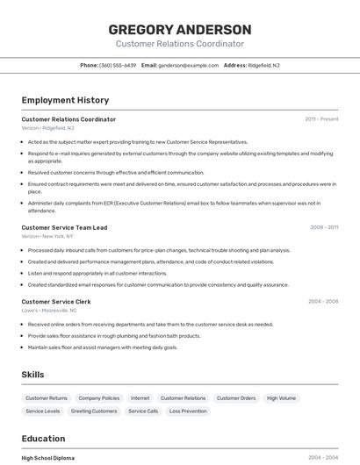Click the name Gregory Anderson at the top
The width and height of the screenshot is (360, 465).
tap(179, 29)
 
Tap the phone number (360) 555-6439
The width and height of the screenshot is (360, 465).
tap(117, 65)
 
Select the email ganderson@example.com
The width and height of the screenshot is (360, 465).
tap(187, 65)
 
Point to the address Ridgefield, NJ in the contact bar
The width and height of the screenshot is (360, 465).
tap(263, 65)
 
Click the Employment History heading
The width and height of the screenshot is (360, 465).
tap(65, 100)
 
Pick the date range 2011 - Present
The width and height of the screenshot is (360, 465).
tap(321, 119)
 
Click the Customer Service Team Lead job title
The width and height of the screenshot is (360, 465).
tap(64, 227)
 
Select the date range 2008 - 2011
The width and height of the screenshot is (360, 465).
tap(324, 227)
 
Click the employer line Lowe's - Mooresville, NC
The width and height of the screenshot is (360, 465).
tap(49, 311)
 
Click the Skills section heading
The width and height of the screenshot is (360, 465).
tap(32, 375)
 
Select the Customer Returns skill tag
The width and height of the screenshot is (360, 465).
tap(47, 398)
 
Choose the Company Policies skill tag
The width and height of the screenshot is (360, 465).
tap(98, 398)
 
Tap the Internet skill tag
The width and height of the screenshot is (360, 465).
tap(140, 398)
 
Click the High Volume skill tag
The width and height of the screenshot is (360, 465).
tap(281, 398)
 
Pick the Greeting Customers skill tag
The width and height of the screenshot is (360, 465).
tap(94, 411)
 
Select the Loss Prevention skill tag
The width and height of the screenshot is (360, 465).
tap(188, 411)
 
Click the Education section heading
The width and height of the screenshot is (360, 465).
tap(43, 439)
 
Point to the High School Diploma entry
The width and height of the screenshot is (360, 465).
tap(47, 458)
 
